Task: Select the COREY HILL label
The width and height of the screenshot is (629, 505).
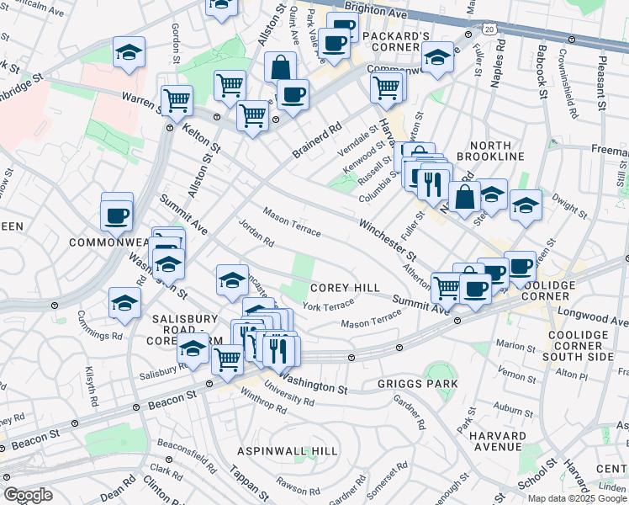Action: [345, 288]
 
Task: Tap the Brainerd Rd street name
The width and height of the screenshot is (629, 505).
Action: [320, 141]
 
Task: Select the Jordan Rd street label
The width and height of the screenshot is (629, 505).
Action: [256, 233]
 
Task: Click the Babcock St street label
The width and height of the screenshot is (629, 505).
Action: [542, 70]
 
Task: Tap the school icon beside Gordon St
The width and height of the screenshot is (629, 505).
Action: [129, 52]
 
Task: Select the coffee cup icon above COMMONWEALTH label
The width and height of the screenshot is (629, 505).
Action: [117, 214]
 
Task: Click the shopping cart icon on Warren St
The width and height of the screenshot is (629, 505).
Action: [177, 100]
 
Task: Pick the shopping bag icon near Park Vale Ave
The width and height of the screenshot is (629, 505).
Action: [280, 67]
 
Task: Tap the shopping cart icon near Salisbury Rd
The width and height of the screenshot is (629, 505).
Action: [227, 359]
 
